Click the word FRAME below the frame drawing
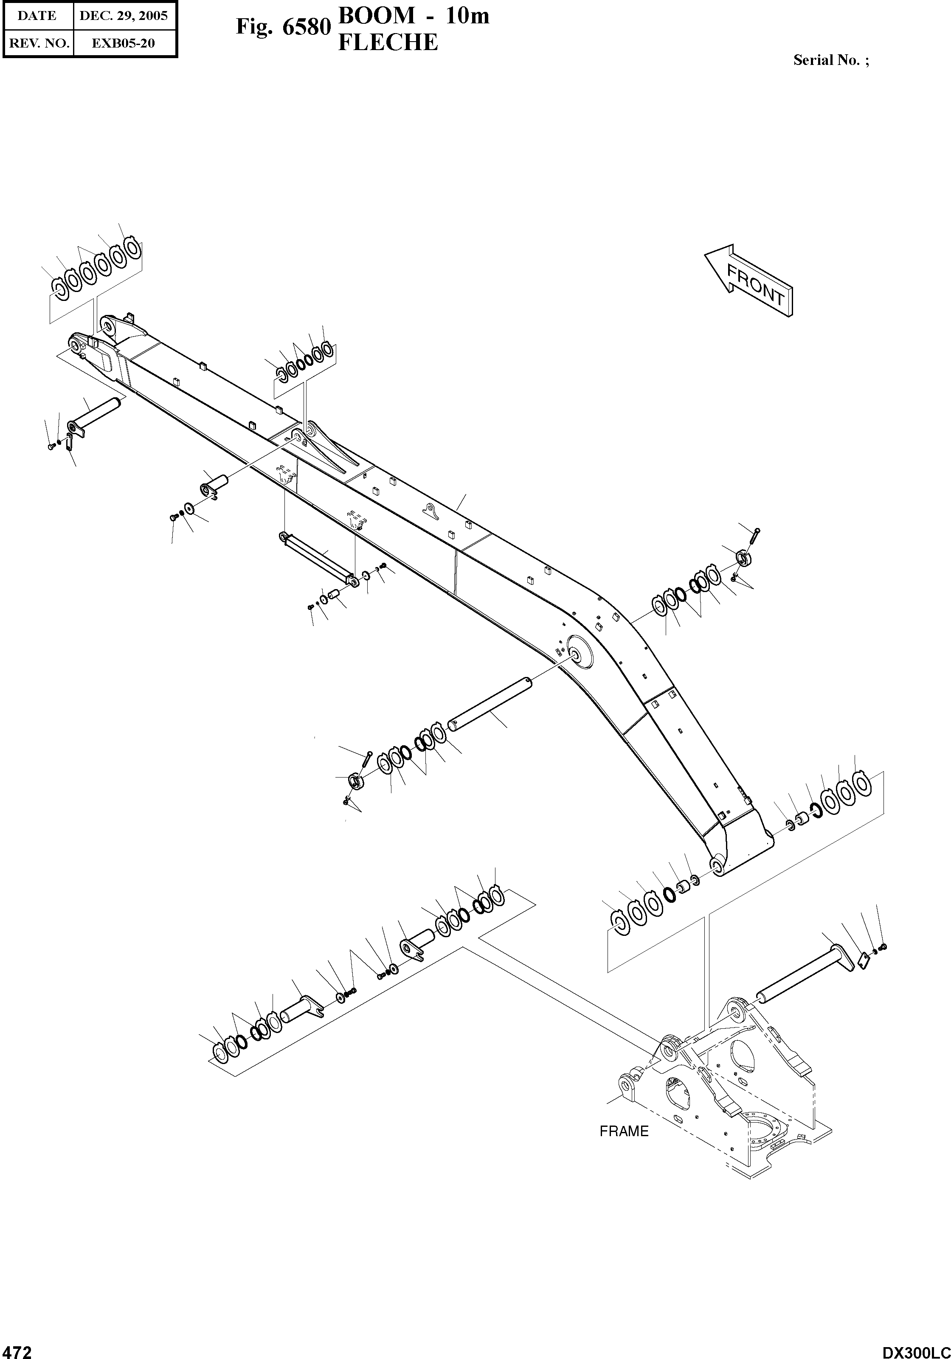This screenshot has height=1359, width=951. tap(624, 1131)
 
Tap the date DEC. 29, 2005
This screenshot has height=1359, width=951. tap(124, 16)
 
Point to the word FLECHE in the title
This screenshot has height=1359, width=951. tap(388, 42)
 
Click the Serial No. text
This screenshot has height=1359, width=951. tap(831, 60)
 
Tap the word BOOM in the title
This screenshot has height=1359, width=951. tap(376, 16)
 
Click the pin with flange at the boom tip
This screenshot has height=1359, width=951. tap(95, 417)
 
